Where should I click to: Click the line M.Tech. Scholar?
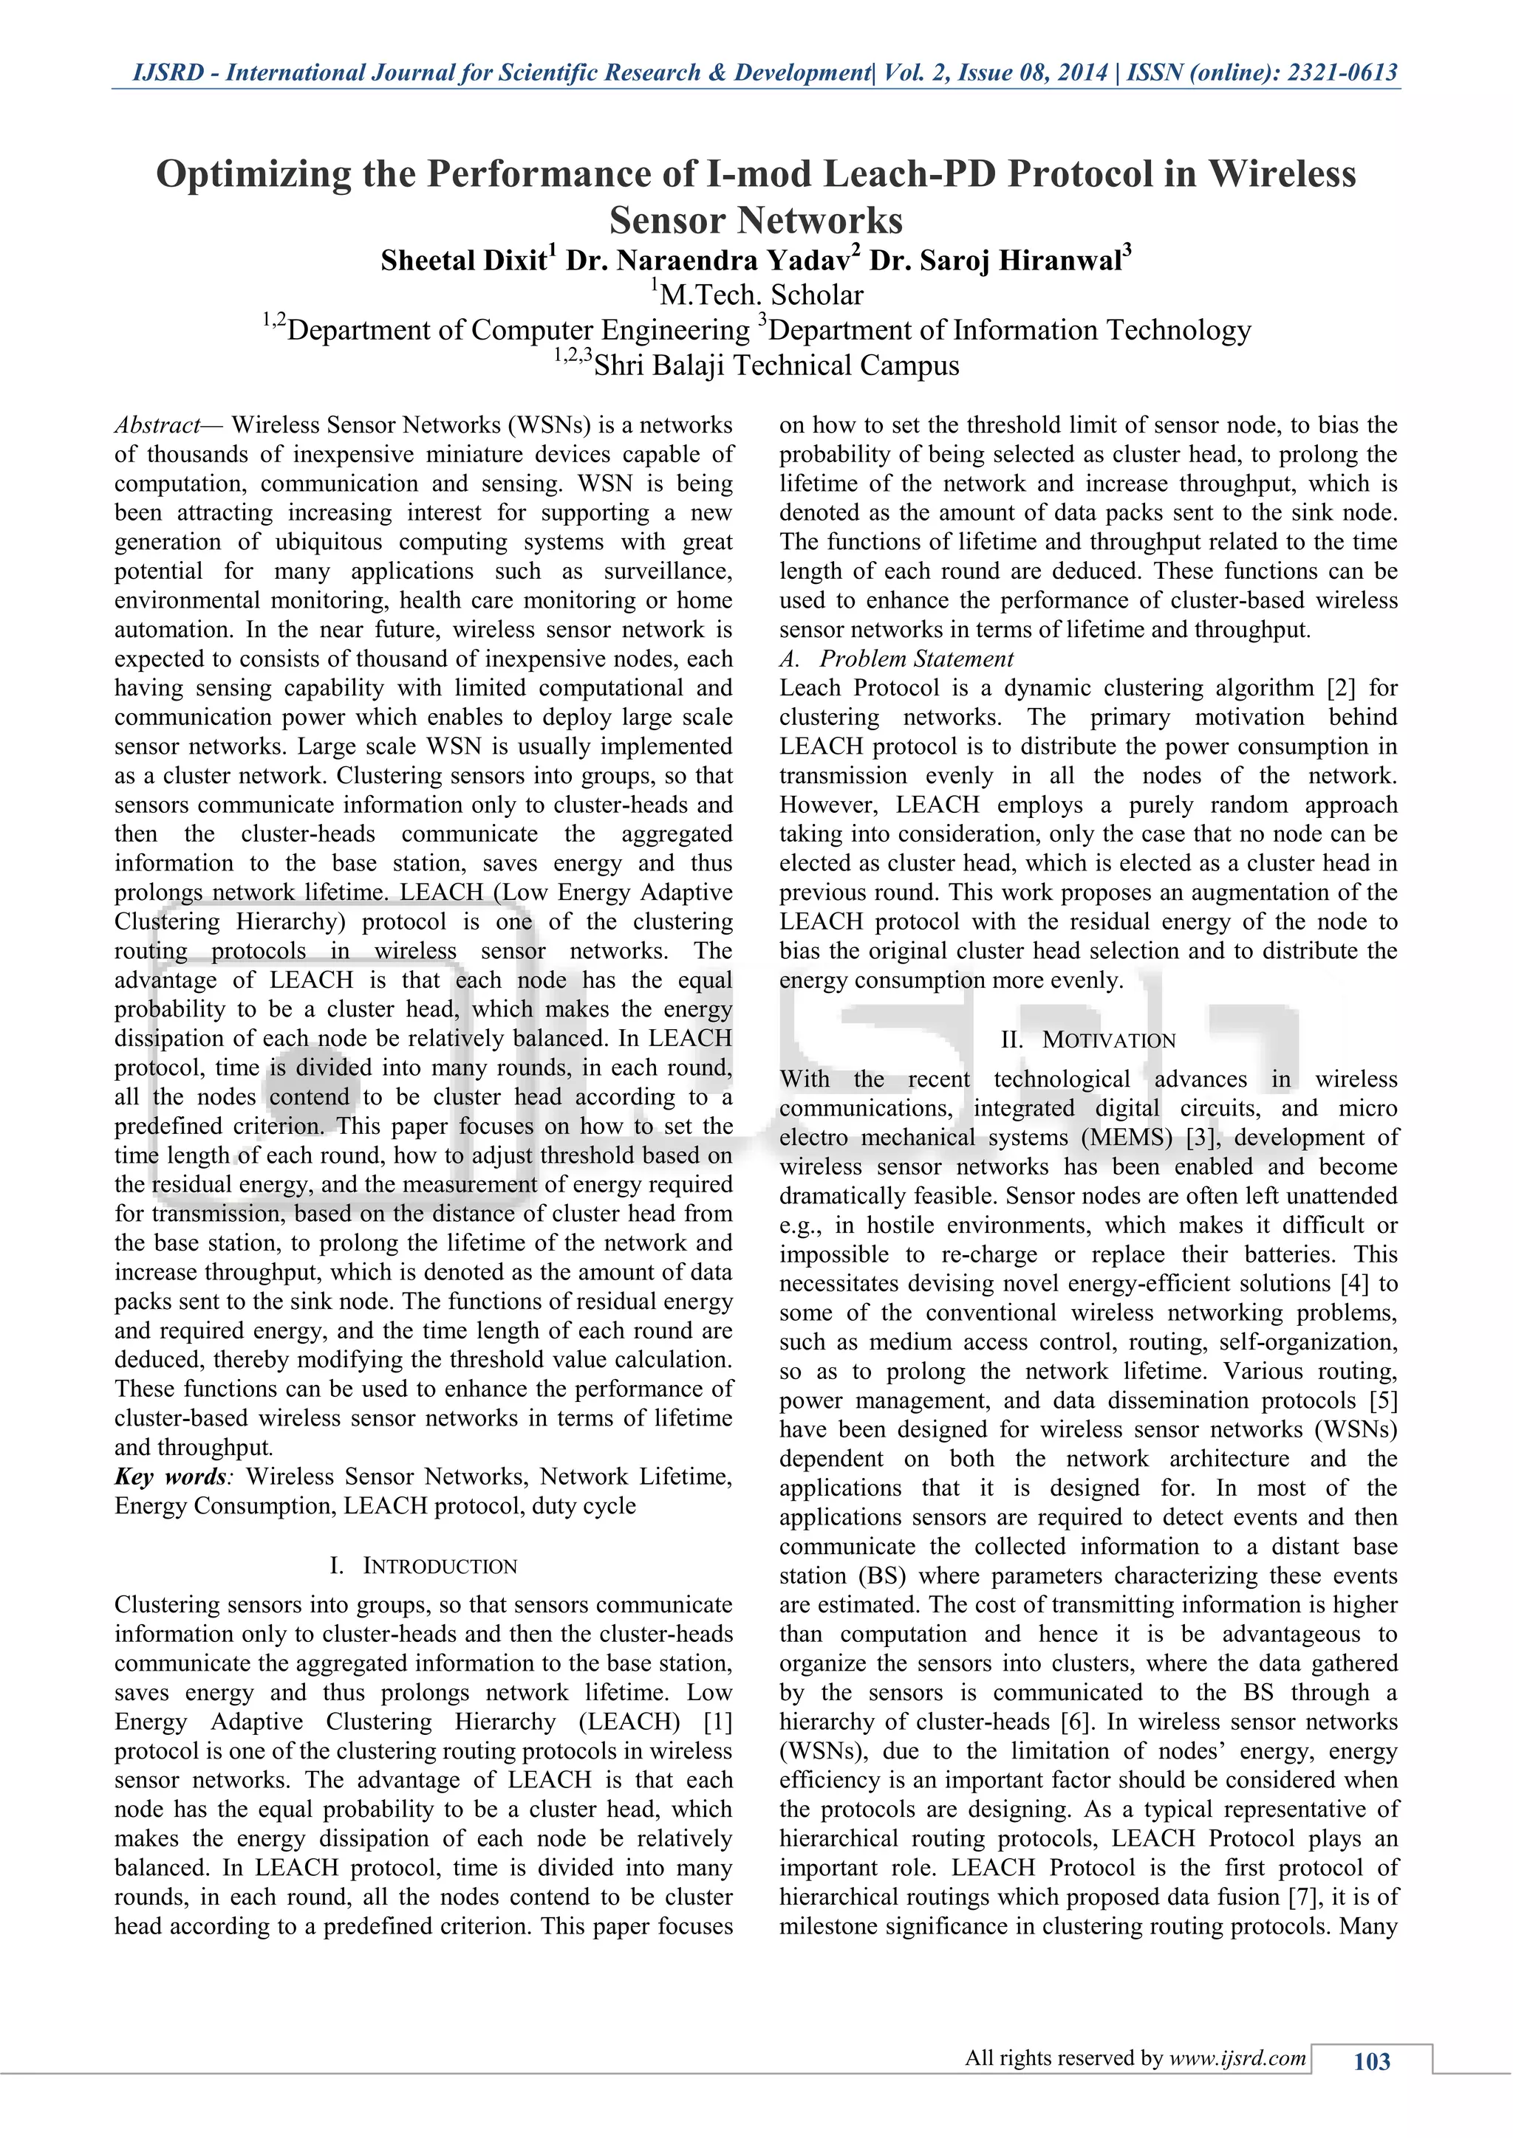pos(760,295)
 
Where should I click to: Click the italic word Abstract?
pos(157,425)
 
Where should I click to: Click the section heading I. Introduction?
pos(424,1567)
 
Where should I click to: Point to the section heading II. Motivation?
pos(1088,1040)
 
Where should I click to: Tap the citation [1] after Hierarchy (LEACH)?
pos(717,1722)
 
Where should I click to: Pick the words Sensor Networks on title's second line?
pos(756,221)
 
